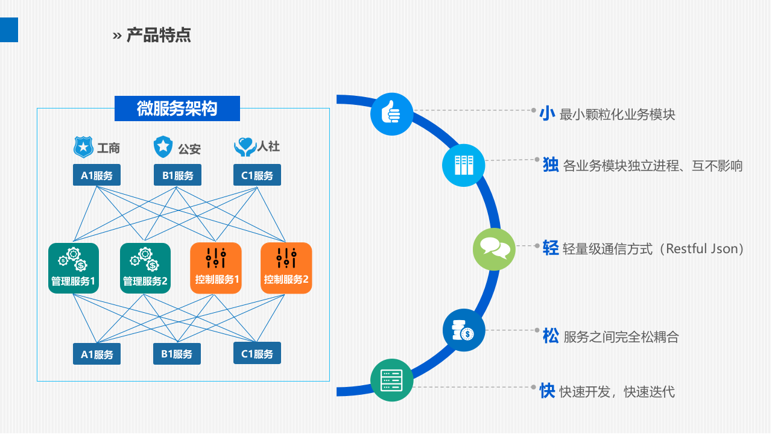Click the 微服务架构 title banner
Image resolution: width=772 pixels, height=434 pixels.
point(177,108)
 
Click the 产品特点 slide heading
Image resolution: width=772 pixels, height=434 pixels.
point(159,35)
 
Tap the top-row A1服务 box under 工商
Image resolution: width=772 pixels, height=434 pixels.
point(96,175)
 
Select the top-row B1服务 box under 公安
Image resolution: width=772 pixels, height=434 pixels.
point(177,175)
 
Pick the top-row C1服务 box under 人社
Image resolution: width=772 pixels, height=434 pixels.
point(257,175)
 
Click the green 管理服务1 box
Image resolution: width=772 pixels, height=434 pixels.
point(73,268)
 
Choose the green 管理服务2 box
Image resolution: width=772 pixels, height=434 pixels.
point(145,268)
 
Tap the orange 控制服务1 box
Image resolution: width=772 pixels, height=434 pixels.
point(216,268)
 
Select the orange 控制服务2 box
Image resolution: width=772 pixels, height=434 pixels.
point(286,268)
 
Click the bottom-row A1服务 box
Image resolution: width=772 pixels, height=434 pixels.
point(96,354)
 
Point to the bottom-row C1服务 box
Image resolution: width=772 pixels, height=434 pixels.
point(257,354)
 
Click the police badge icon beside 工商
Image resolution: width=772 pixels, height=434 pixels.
point(83,146)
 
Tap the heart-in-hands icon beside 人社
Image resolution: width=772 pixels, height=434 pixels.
point(245,146)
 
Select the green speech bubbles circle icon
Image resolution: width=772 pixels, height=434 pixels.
point(495,248)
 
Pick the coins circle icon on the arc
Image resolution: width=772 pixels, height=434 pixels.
point(464,330)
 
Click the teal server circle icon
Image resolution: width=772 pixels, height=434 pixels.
point(391,380)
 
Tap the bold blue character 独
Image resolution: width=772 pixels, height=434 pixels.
point(551,165)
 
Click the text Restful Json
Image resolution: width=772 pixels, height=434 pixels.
point(702,248)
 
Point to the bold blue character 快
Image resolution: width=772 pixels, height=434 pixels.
point(547,391)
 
